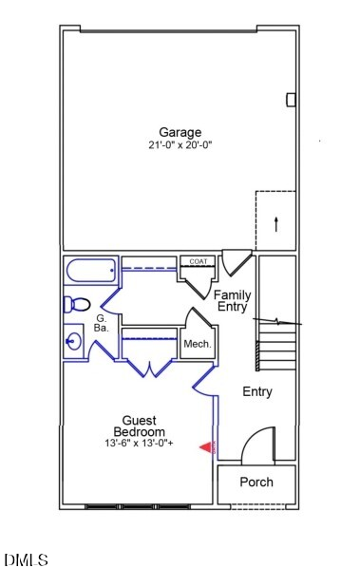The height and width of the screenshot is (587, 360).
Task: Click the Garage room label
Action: (180, 132)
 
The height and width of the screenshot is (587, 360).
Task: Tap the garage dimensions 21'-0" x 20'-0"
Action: (180, 145)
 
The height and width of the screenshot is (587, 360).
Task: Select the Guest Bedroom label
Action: (139, 426)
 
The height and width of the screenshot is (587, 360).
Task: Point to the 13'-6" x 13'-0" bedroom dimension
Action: (139, 444)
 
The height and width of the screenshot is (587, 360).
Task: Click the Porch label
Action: (256, 483)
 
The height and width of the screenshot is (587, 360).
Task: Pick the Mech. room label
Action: (197, 344)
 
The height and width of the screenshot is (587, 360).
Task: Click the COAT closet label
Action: (198, 261)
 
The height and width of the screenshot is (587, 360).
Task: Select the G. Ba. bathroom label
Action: (101, 323)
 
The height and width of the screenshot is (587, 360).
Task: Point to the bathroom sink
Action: (73, 339)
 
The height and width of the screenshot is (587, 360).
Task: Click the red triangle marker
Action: (204, 447)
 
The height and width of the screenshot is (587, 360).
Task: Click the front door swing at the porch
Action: (258, 445)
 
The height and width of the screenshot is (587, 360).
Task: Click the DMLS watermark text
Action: (26, 560)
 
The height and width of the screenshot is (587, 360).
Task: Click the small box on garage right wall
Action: (291, 99)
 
